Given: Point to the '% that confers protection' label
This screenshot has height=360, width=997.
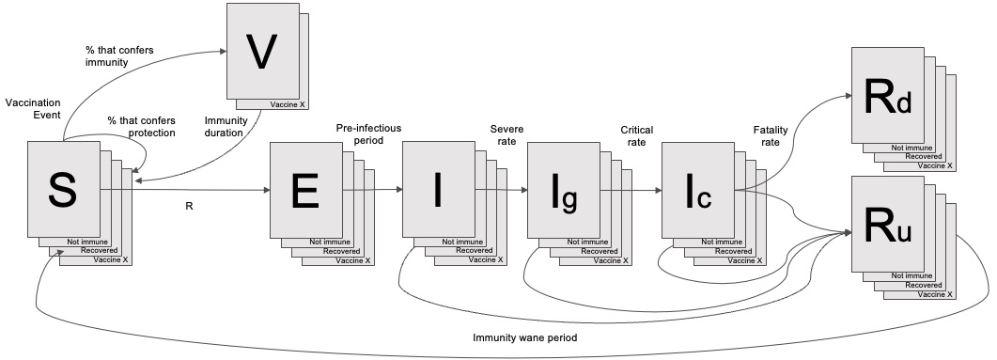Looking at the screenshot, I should [141, 127].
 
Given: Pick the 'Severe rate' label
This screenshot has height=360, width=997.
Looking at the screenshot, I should [505, 134].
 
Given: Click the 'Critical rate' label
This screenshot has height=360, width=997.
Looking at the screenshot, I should [637, 134].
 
